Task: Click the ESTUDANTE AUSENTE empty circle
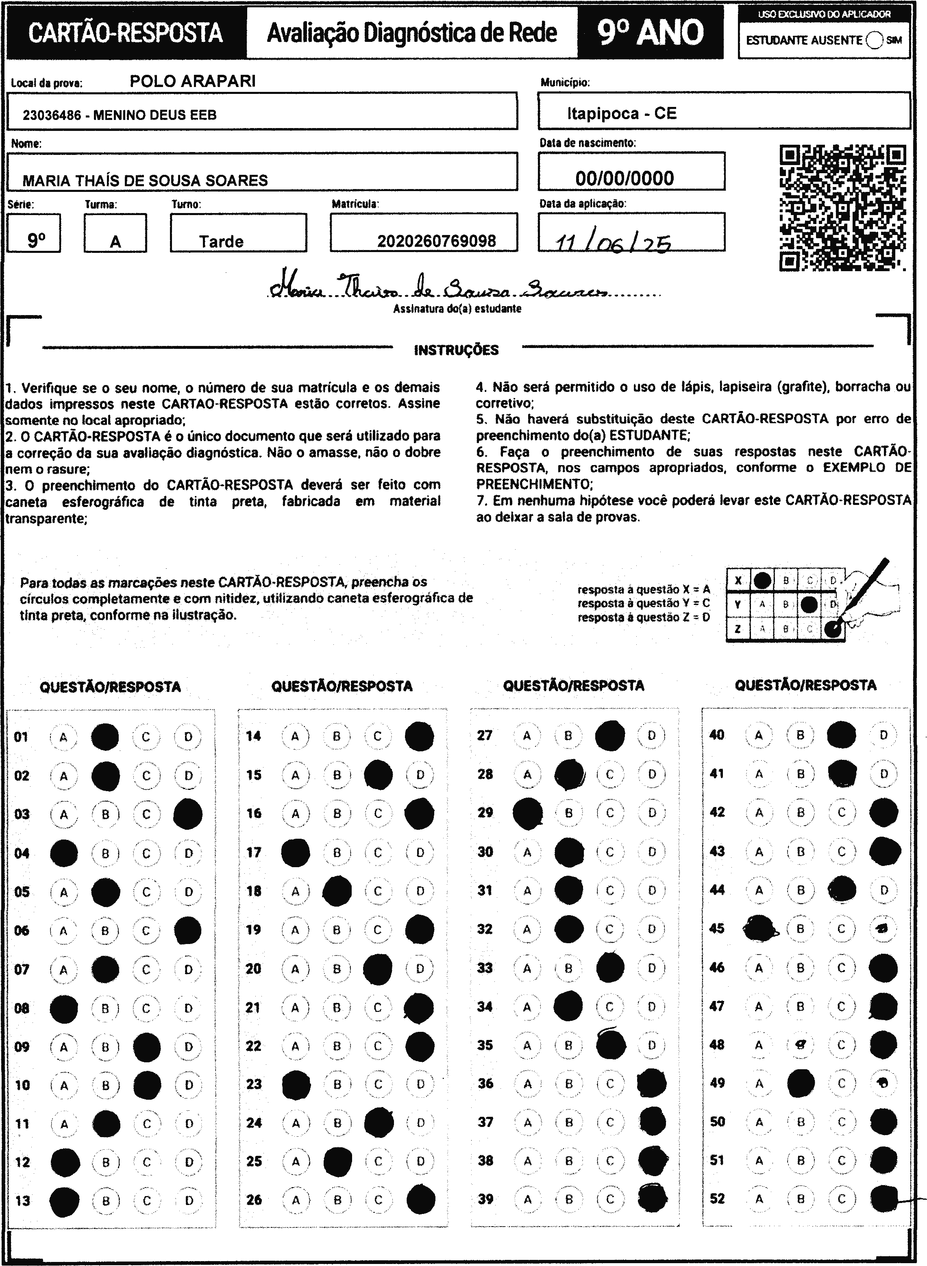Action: pos(874,40)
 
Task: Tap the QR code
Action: pos(842,208)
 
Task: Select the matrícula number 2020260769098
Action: pos(436,241)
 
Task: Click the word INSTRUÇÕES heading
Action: pos(456,350)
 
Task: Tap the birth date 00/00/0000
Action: pos(624,178)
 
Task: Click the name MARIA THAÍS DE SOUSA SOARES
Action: pos(145,181)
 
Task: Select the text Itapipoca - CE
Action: pos(621,114)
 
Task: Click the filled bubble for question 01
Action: pos(105,737)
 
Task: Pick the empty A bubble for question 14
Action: pos(295,736)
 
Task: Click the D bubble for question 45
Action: pos(883,929)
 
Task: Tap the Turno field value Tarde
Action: pos(221,242)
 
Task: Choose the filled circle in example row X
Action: pos(762,580)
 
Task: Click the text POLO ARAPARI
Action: pos(192,81)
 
